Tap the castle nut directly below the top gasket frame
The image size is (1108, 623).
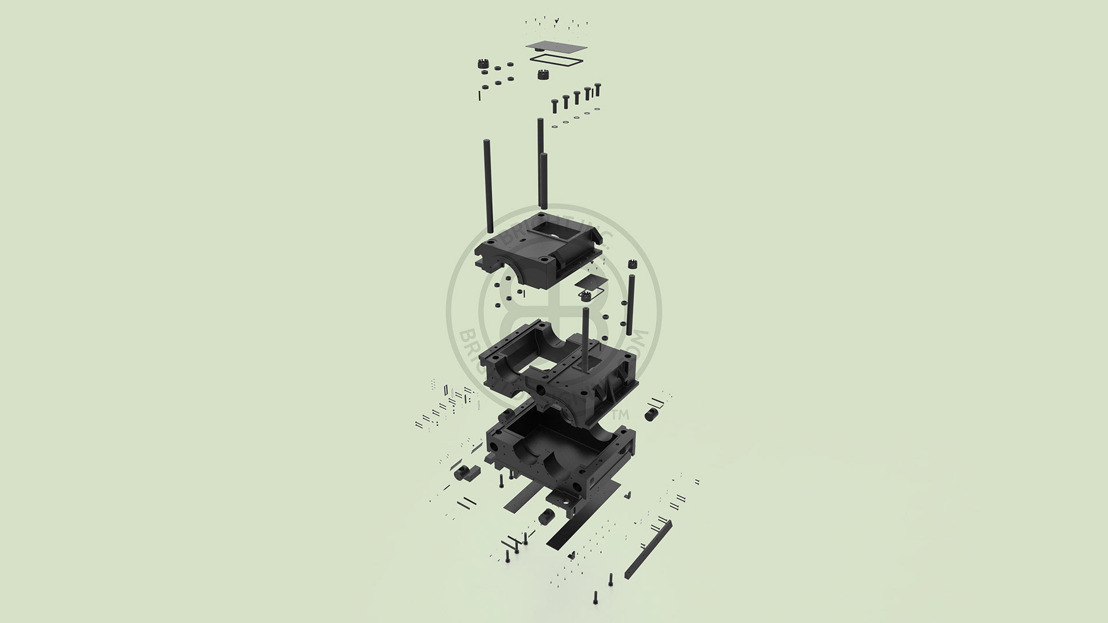[542, 74]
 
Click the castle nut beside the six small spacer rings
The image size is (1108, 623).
[483, 63]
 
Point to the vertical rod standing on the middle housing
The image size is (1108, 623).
[586, 335]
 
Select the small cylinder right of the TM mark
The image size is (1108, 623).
[653, 414]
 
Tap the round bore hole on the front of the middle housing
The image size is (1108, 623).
[542, 391]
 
